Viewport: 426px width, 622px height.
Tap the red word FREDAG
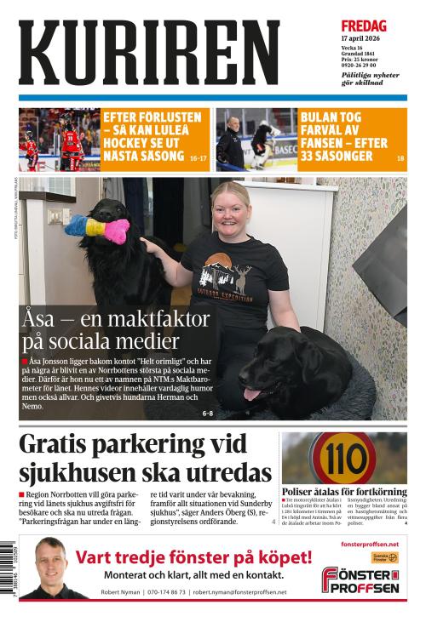364,26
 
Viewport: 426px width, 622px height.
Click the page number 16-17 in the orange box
198,158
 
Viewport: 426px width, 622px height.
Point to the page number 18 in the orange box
400,158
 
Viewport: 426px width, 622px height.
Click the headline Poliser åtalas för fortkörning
344,492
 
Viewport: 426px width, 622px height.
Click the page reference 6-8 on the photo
208,414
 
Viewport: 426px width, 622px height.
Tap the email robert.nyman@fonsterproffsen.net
239,592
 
